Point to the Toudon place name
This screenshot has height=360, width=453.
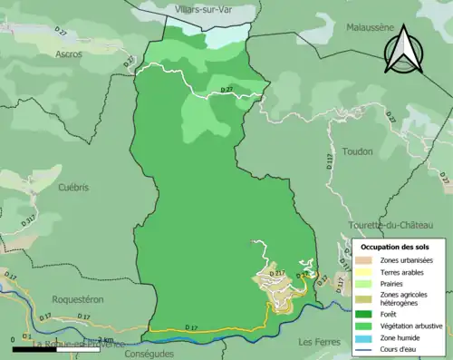click(x=358, y=151)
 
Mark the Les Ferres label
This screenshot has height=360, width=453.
click(x=316, y=342)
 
